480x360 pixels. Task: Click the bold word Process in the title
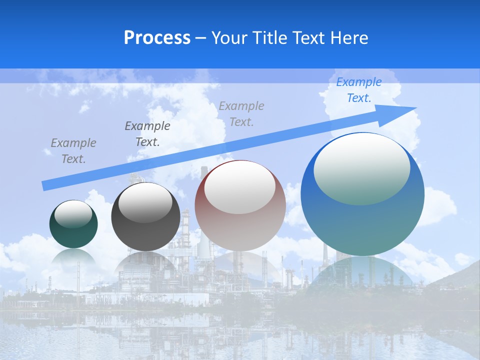point(157,38)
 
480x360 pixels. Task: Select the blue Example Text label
point(359,90)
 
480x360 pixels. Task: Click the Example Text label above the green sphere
point(73,151)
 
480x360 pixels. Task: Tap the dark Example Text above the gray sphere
point(147,134)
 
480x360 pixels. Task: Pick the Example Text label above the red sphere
point(241,113)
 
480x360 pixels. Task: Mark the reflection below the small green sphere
point(73,258)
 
